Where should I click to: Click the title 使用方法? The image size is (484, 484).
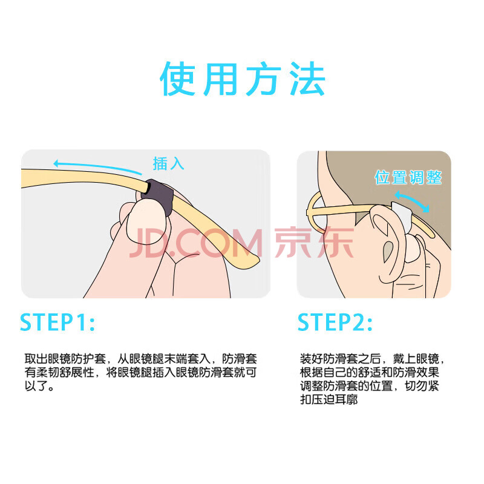(x=243, y=79)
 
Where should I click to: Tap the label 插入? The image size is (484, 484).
(x=169, y=163)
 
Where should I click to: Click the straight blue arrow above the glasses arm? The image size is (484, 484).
(x=97, y=167)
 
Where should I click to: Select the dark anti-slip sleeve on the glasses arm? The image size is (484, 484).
(x=157, y=197)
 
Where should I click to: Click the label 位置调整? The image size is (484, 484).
(x=408, y=177)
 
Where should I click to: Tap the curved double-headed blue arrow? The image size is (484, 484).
(x=412, y=200)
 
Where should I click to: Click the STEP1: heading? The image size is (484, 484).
(x=57, y=322)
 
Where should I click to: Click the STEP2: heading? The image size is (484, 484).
(x=335, y=322)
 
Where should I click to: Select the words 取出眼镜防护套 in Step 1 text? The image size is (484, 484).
(x=65, y=359)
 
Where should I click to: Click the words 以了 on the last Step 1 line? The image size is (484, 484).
(x=36, y=386)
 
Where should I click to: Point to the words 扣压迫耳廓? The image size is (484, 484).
(x=329, y=399)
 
